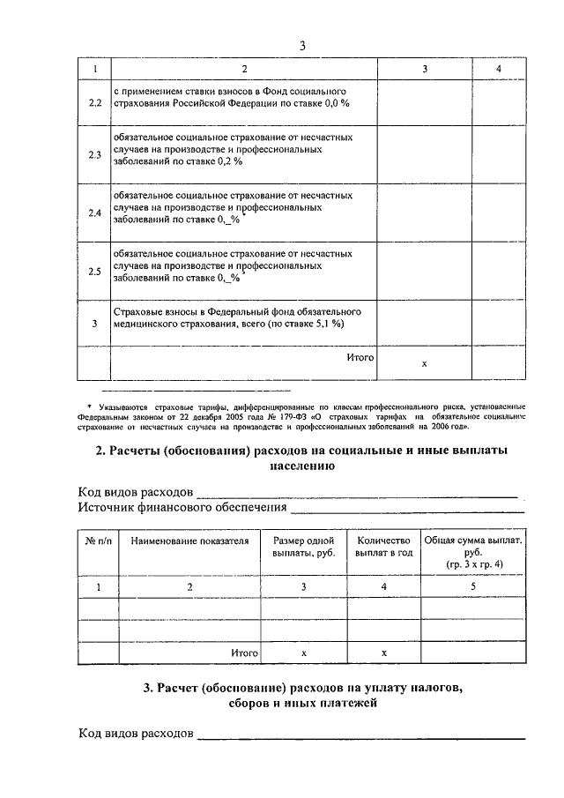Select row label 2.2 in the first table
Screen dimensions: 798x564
[95, 103]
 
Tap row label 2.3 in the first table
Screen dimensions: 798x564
[95, 155]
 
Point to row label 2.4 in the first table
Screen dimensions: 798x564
[95, 213]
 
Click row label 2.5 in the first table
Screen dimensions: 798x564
[95, 272]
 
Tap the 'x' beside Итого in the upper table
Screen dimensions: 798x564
[424, 363]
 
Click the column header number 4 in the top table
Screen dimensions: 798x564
[499, 68]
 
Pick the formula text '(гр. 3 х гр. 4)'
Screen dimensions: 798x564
[474, 563]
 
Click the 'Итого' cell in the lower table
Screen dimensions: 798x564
[244, 653]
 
